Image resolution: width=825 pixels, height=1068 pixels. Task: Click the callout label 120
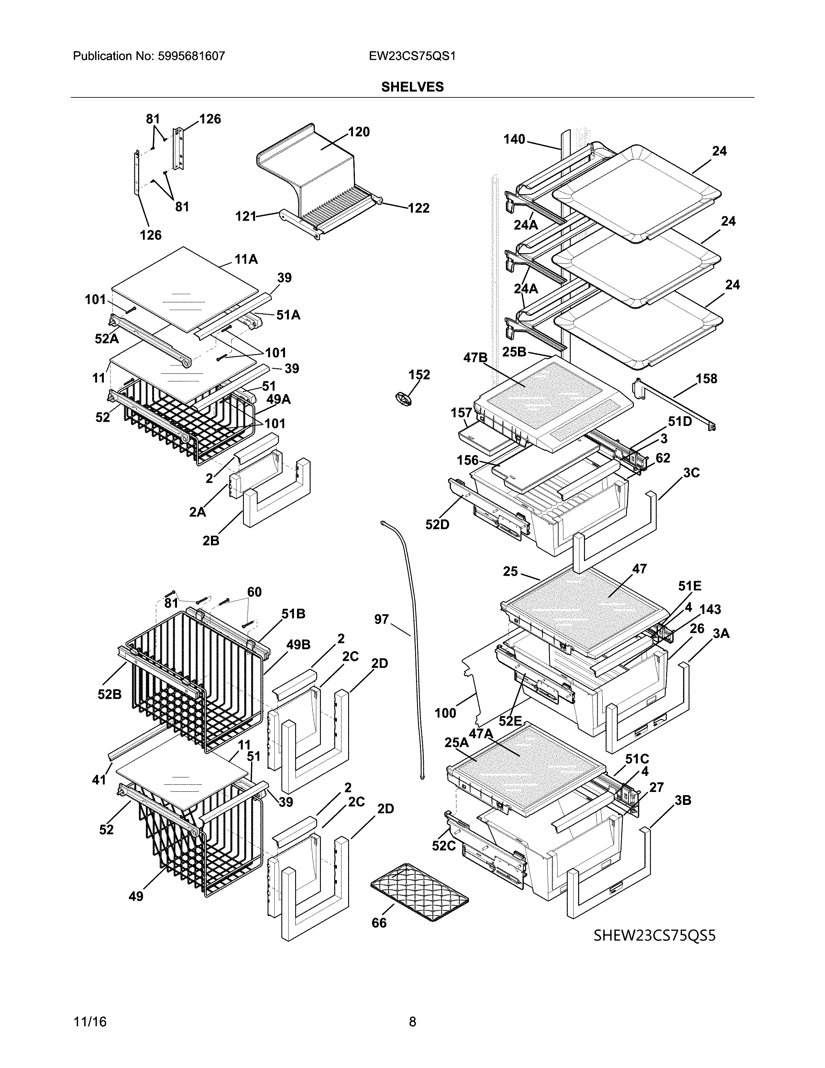point(359,132)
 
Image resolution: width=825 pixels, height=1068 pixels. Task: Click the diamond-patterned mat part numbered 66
point(419,894)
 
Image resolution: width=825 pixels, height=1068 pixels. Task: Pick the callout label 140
point(514,139)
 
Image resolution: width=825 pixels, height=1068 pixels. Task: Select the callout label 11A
point(246,259)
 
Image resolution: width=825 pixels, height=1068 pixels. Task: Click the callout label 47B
point(475,358)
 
